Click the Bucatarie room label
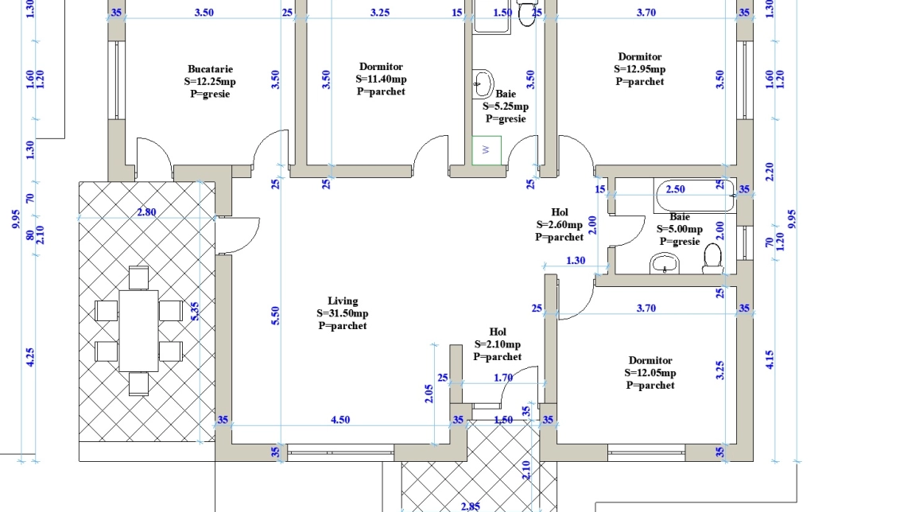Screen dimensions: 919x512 pyautogui.click(x=210, y=69)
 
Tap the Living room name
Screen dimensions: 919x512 pyautogui.click(x=343, y=301)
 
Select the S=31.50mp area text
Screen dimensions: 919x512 pyautogui.click(x=343, y=313)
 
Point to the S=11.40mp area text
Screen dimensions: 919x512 pyautogui.click(x=381, y=79)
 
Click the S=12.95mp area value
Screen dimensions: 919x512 pyautogui.click(x=639, y=69)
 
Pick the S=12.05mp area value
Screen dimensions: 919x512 pyautogui.click(x=650, y=373)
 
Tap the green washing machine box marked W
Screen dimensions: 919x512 pyautogui.click(x=487, y=150)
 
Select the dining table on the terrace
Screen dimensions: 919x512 pyautogui.click(x=138, y=331)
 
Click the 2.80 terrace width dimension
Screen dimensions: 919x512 pyautogui.click(x=146, y=212)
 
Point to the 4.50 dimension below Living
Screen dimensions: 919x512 pyautogui.click(x=340, y=420)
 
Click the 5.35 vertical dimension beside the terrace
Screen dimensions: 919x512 pyautogui.click(x=196, y=311)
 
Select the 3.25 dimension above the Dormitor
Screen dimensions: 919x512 pyautogui.click(x=380, y=12)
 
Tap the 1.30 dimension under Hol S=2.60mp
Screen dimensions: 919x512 pyautogui.click(x=576, y=261)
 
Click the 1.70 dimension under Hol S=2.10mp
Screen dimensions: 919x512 pyautogui.click(x=503, y=378)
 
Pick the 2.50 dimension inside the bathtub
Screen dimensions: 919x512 pyautogui.click(x=675, y=189)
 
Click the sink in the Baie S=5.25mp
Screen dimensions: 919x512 pyautogui.click(x=483, y=83)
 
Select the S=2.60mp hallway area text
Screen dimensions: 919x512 pyautogui.click(x=559, y=225)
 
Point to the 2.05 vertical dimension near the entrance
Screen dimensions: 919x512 pyautogui.click(x=429, y=394)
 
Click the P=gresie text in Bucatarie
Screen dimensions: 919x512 pyautogui.click(x=210, y=95)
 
